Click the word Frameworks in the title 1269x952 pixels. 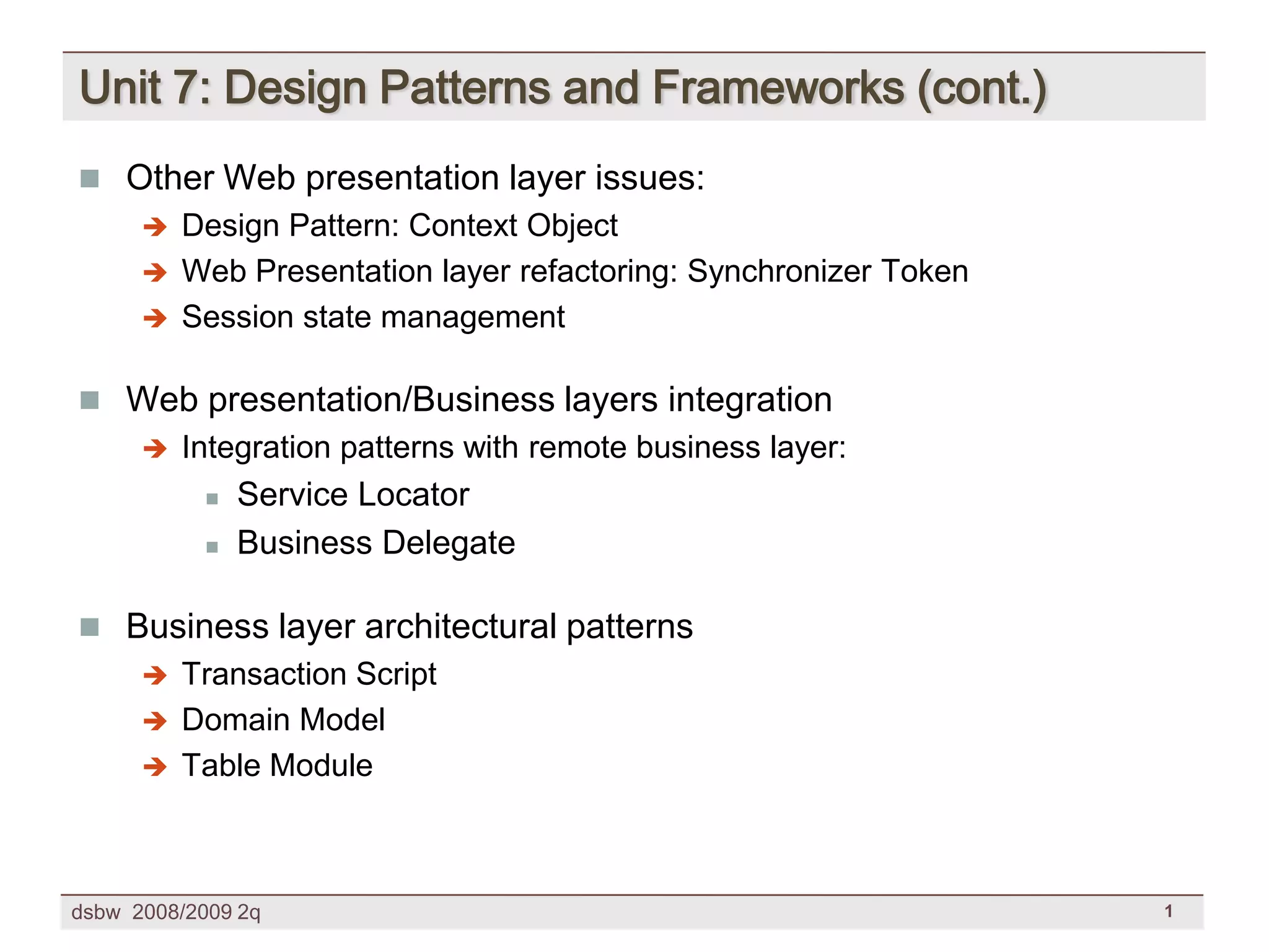[x=778, y=87]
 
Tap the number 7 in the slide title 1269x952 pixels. [x=185, y=87]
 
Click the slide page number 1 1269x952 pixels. [x=1168, y=911]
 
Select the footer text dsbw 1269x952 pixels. [x=95, y=912]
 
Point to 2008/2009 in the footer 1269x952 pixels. [x=182, y=912]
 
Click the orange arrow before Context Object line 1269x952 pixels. [x=155, y=227]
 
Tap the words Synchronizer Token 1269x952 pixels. [x=827, y=271]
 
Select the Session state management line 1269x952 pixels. [x=373, y=317]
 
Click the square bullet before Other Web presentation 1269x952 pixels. [x=90, y=179]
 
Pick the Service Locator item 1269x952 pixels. [x=353, y=495]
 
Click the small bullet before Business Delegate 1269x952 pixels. [x=212, y=547]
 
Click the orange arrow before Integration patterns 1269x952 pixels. [x=155, y=449]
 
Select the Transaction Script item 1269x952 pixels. [x=309, y=674]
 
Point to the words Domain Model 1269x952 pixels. [x=283, y=720]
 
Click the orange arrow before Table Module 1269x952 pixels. [x=155, y=767]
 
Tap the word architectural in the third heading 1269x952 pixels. [x=460, y=626]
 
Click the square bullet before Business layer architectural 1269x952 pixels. [x=90, y=627]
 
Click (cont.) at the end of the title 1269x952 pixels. [x=981, y=89]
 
